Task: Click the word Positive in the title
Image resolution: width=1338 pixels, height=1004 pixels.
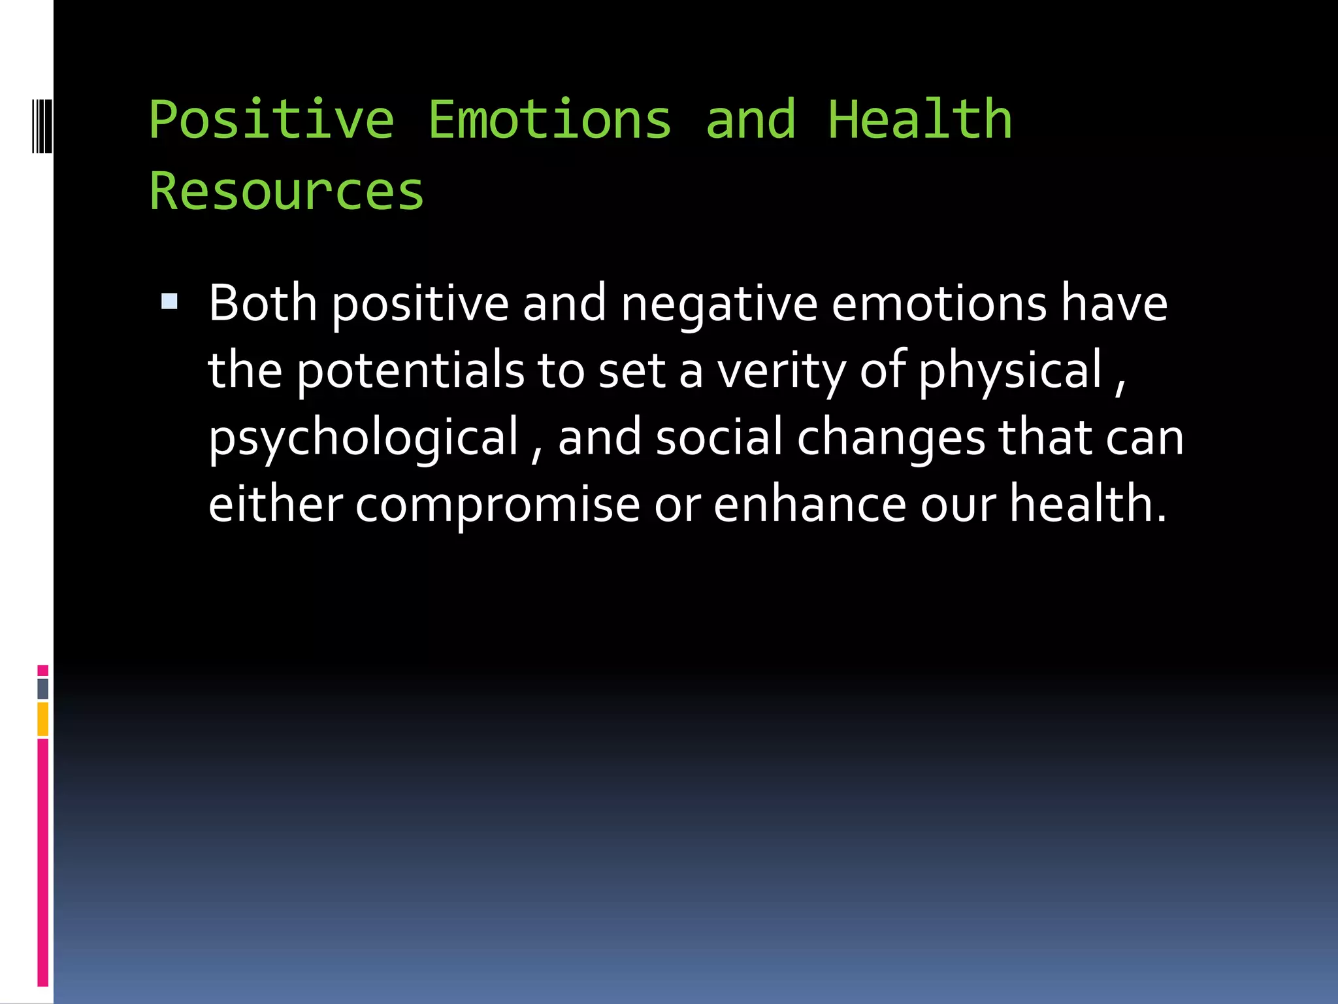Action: click(x=271, y=121)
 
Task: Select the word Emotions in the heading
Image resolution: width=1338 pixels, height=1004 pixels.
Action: click(x=549, y=121)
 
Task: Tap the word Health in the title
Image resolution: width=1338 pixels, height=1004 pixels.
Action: click(x=920, y=121)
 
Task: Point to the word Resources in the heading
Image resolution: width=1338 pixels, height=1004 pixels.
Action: click(x=286, y=192)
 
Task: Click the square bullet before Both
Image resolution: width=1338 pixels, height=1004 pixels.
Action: click(x=169, y=301)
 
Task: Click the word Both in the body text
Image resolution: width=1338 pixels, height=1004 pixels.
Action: click(x=263, y=304)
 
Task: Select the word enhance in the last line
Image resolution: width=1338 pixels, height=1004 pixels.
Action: click(x=809, y=505)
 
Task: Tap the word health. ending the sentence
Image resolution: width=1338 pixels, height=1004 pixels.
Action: click(x=1087, y=505)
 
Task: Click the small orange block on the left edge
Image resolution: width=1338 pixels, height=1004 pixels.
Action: click(x=42, y=719)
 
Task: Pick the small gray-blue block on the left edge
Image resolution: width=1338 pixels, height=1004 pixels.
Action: click(x=42, y=688)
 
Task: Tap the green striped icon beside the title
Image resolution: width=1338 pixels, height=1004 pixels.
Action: click(x=41, y=124)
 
